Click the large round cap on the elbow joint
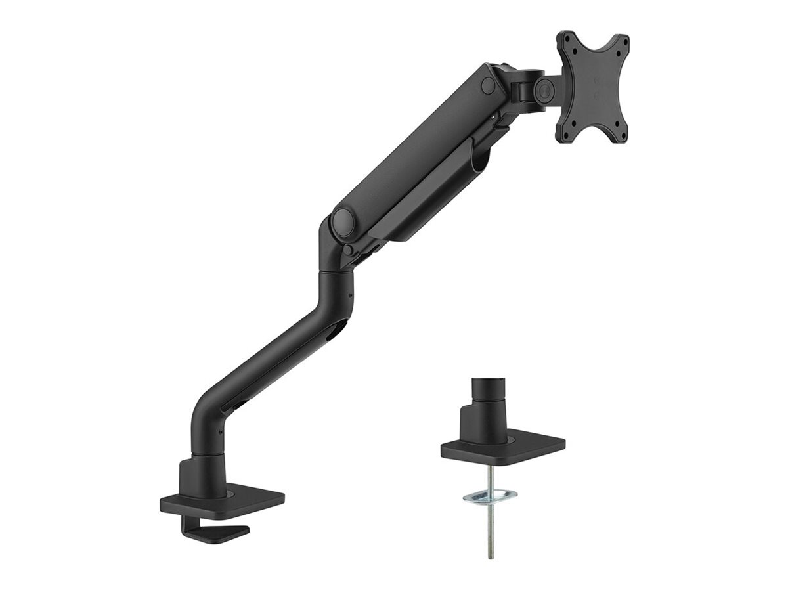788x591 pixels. click(x=343, y=222)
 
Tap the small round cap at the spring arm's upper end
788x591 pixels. click(x=487, y=85)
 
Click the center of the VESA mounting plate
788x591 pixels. click(x=592, y=87)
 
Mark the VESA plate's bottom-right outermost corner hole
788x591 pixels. click(x=619, y=134)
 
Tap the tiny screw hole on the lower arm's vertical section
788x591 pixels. click(x=349, y=295)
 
